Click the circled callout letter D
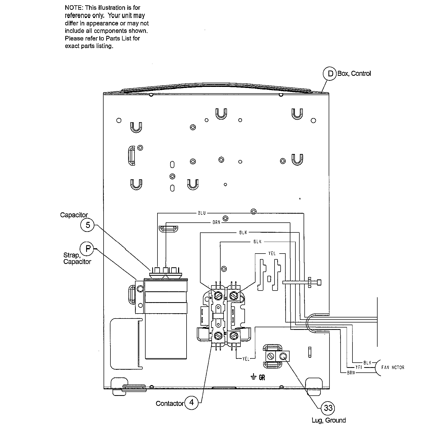coord(330,73)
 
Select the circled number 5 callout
coord(88,225)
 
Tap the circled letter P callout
coord(87,248)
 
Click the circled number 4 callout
coord(192,403)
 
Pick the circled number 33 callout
coord(328,408)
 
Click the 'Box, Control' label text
coord(354,73)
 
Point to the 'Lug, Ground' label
coord(328,420)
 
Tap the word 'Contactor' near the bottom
coord(169,403)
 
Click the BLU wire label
coord(202,213)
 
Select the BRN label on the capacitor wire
coord(216,222)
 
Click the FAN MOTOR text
coord(393,367)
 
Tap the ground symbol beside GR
coord(253,377)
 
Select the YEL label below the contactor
coord(246,359)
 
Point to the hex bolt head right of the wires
coord(319,282)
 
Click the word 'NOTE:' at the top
coord(74,8)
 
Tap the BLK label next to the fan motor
coord(367,363)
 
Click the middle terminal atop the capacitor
coord(166,270)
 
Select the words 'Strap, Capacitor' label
coord(77,258)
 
